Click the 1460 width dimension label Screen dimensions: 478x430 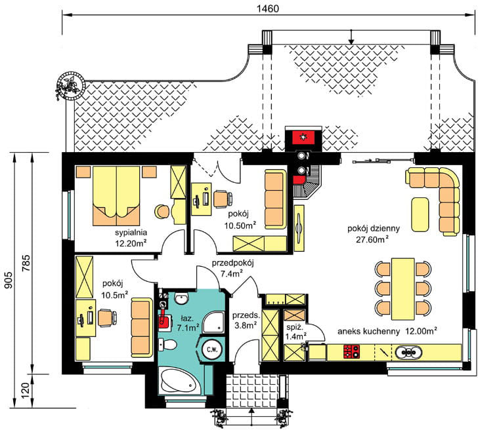[267, 9]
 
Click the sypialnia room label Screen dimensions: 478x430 [131, 233]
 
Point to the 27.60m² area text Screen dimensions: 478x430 [372, 239]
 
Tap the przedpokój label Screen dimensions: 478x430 [233, 263]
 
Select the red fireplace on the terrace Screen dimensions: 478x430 [303, 137]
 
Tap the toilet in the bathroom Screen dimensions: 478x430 [167, 345]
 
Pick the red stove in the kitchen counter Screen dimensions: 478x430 [351, 351]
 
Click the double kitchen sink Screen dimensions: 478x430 [409, 353]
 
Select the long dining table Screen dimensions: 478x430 [402, 289]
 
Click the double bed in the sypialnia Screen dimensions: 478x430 [116, 196]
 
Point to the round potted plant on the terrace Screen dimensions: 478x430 [72, 85]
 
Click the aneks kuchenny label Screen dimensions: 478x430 [368, 332]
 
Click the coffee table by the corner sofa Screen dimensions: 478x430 [420, 214]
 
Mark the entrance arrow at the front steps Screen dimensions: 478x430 [251, 418]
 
